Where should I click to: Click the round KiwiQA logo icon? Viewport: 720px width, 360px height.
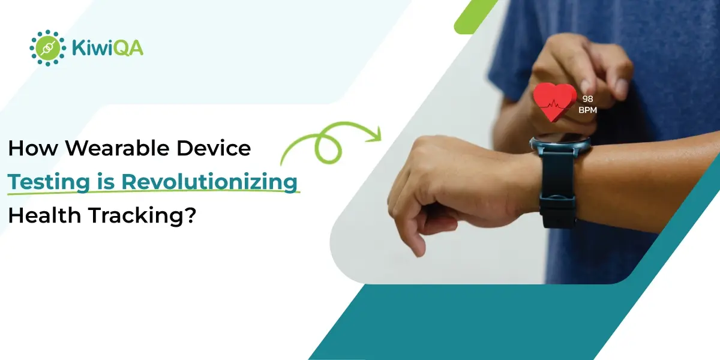(x=48, y=48)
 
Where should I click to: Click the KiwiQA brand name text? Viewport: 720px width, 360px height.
(x=107, y=48)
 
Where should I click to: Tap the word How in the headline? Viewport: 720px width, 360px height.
(x=33, y=148)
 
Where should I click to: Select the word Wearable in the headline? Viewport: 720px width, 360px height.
(x=117, y=148)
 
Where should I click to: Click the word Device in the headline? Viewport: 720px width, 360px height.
(x=214, y=148)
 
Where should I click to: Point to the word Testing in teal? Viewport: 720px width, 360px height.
(x=49, y=182)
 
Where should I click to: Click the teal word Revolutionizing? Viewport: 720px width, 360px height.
(x=209, y=182)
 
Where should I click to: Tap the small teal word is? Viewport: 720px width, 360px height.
(x=106, y=182)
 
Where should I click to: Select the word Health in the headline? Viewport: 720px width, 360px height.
(x=44, y=215)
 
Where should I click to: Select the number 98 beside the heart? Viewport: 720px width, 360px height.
(x=587, y=99)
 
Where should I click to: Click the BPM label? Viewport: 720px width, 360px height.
(x=587, y=110)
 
